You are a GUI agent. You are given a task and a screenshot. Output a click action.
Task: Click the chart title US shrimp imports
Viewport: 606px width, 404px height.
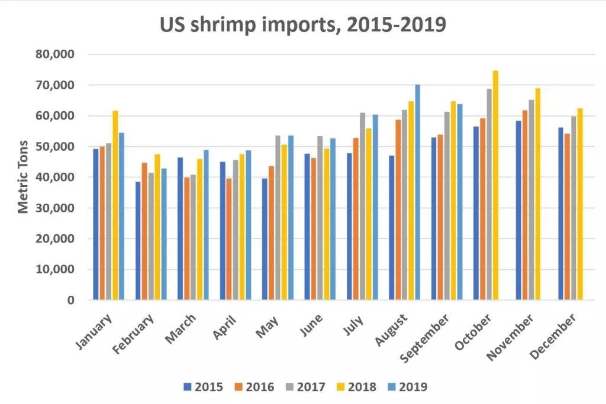[302, 25]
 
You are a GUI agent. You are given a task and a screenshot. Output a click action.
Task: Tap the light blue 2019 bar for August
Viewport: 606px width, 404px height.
[417, 192]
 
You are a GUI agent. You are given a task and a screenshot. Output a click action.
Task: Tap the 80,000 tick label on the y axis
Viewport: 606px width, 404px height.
[54, 54]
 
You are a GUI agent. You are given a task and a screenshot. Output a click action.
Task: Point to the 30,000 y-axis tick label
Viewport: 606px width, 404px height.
[54, 208]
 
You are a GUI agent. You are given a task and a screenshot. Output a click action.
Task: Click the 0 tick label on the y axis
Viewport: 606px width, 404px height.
[70, 300]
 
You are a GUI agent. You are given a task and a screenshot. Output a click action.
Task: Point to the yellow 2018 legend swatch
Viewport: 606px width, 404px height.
[340, 387]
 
